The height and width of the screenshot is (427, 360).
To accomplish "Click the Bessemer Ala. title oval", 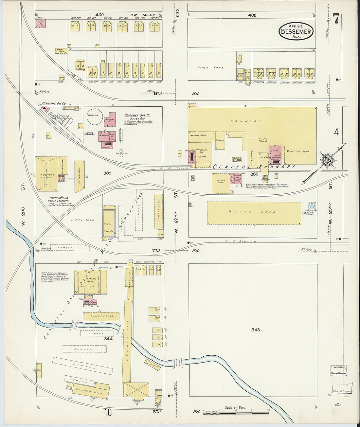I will pyautogui.click(x=296, y=31).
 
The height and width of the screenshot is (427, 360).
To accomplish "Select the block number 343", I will pyautogui.click(x=255, y=329).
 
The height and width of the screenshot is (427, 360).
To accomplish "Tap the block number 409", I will pyautogui.click(x=99, y=15).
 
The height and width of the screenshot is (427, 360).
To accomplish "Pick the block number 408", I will pyautogui.click(x=252, y=15).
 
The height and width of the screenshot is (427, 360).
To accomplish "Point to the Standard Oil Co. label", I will pyautogui.click(x=54, y=104).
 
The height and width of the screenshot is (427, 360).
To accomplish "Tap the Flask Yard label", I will pyautogui.click(x=210, y=68).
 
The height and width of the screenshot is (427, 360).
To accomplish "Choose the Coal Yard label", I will pyautogui.click(x=81, y=220).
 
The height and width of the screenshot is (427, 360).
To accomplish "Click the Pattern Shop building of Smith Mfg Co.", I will pyautogui.click(x=79, y=176).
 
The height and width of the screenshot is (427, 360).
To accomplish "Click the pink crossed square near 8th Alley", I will pyautogui.click(x=41, y=24).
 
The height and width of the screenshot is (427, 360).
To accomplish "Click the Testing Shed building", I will pyautogui.click(x=221, y=184).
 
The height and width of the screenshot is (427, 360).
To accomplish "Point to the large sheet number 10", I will pyautogui.click(x=108, y=413).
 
